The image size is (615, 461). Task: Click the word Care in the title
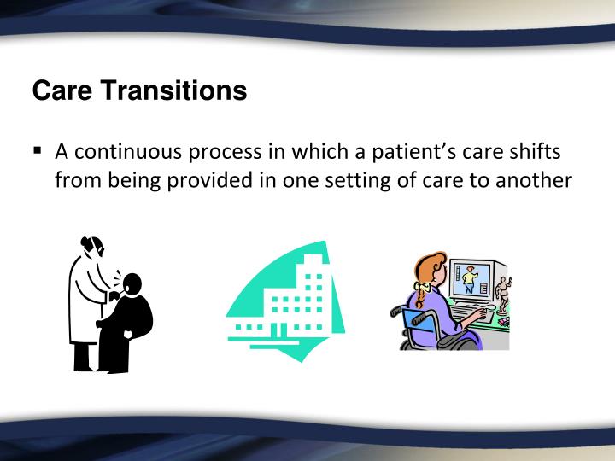point(62,90)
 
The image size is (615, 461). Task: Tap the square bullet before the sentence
point(38,150)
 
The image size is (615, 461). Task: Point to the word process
point(225,153)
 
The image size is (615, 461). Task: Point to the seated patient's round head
point(132,283)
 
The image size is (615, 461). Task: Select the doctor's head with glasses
point(92,247)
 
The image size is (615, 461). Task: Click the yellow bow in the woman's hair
point(422,288)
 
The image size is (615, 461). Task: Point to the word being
point(134,181)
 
